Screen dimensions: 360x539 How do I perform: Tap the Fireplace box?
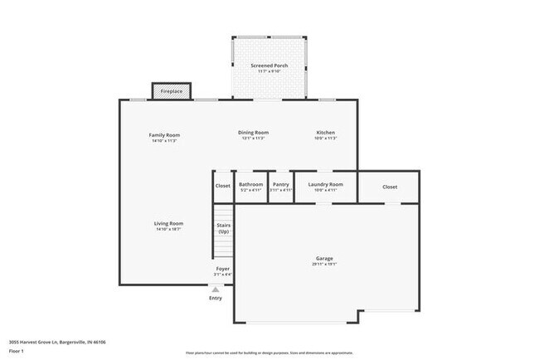(x=172, y=90)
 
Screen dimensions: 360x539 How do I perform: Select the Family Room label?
(x=164, y=134)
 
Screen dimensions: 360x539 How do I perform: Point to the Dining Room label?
(x=253, y=133)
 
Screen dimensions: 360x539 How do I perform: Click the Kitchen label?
(x=325, y=133)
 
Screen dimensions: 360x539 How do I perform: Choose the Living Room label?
(x=168, y=223)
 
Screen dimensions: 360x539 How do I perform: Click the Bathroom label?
(x=250, y=184)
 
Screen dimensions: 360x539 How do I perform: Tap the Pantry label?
(x=281, y=184)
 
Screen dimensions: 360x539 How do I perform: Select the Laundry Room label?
(x=325, y=184)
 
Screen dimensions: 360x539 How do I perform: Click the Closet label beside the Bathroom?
(x=222, y=186)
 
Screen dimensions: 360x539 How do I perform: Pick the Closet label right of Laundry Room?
(x=390, y=187)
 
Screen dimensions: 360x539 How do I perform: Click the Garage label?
(x=324, y=258)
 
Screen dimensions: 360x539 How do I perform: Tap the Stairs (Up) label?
(x=223, y=228)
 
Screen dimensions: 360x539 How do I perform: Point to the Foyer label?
(x=223, y=269)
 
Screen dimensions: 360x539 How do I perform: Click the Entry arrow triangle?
(x=216, y=289)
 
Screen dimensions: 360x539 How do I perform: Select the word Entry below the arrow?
(x=216, y=299)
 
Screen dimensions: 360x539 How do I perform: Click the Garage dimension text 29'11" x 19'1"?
(x=324, y=264)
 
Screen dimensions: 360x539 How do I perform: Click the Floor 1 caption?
(x=17, y=351)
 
